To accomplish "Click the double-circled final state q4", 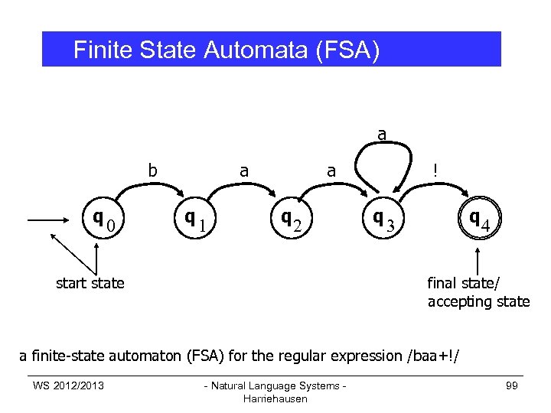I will (480, 221).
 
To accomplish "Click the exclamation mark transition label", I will (435, 171).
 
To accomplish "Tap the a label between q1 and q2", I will (243, 171).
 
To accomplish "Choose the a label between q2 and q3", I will (331, 171).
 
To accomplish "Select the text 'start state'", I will (90, 283).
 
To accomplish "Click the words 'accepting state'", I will (478, 301).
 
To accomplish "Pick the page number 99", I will (512, 385).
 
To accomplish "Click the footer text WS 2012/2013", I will (68, 385).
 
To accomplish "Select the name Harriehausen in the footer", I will (274, 398).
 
